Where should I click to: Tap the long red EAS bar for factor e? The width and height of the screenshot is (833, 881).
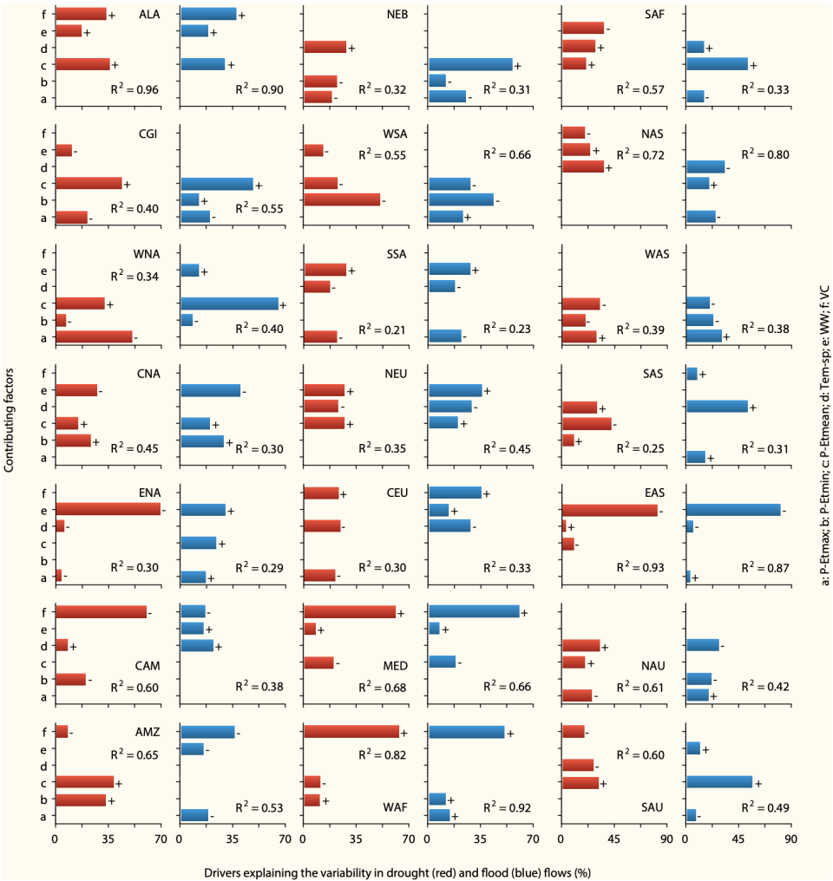[609, 511]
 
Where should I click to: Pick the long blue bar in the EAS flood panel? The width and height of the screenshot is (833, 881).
[733, 511]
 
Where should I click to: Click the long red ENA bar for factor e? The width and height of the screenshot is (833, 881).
[108, 511]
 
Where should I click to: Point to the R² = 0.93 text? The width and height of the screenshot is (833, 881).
[640, 567]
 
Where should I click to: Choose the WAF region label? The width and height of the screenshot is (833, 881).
[396, 807]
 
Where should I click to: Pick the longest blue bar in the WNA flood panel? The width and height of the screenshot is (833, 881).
[229, 303]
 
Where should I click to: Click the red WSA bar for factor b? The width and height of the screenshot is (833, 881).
[342, 200]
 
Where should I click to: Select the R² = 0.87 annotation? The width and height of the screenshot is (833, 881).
[764, 567]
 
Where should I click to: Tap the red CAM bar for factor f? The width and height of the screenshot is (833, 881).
[101, 612]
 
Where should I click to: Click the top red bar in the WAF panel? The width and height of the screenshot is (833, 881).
[351, 732]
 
